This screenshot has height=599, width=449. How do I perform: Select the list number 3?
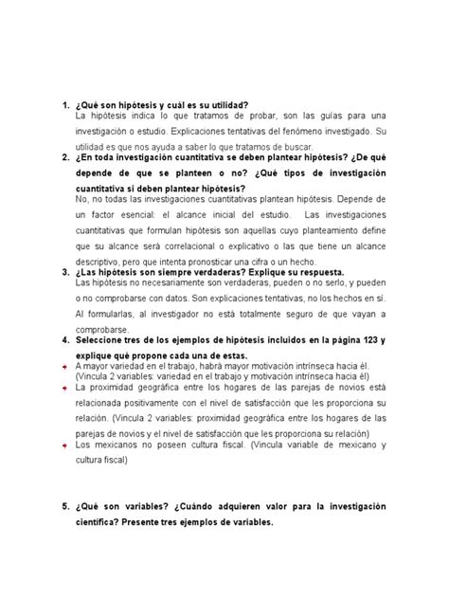(63, 271)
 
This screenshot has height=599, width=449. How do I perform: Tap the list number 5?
(63, 506)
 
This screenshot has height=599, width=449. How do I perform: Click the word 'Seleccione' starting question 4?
(102, 338)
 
